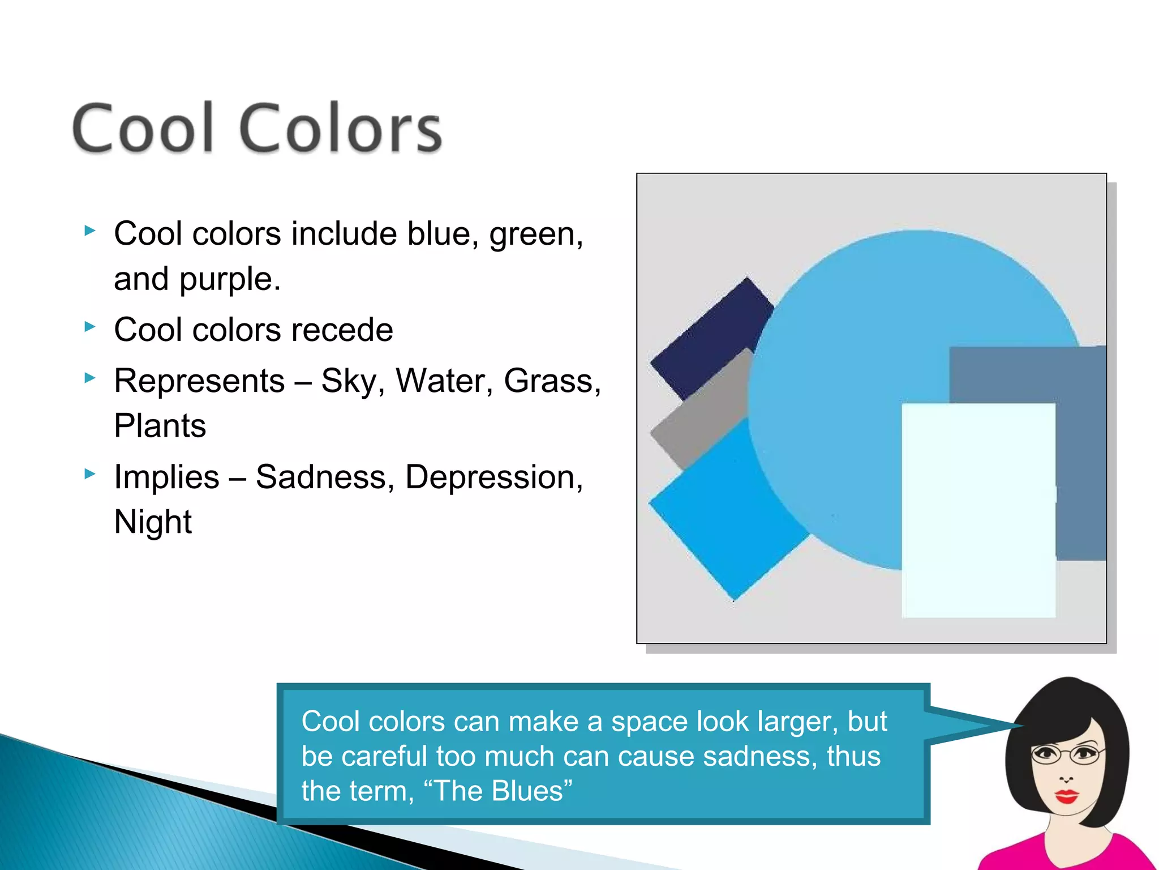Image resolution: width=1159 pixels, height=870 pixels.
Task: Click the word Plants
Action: (x=160, y=426)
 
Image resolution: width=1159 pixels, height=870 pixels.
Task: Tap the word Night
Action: (x=153, y=522)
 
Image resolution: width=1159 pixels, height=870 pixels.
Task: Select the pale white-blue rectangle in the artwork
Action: (x=978, y=510)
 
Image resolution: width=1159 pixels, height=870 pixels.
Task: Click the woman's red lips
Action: (x=1067, y=796)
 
